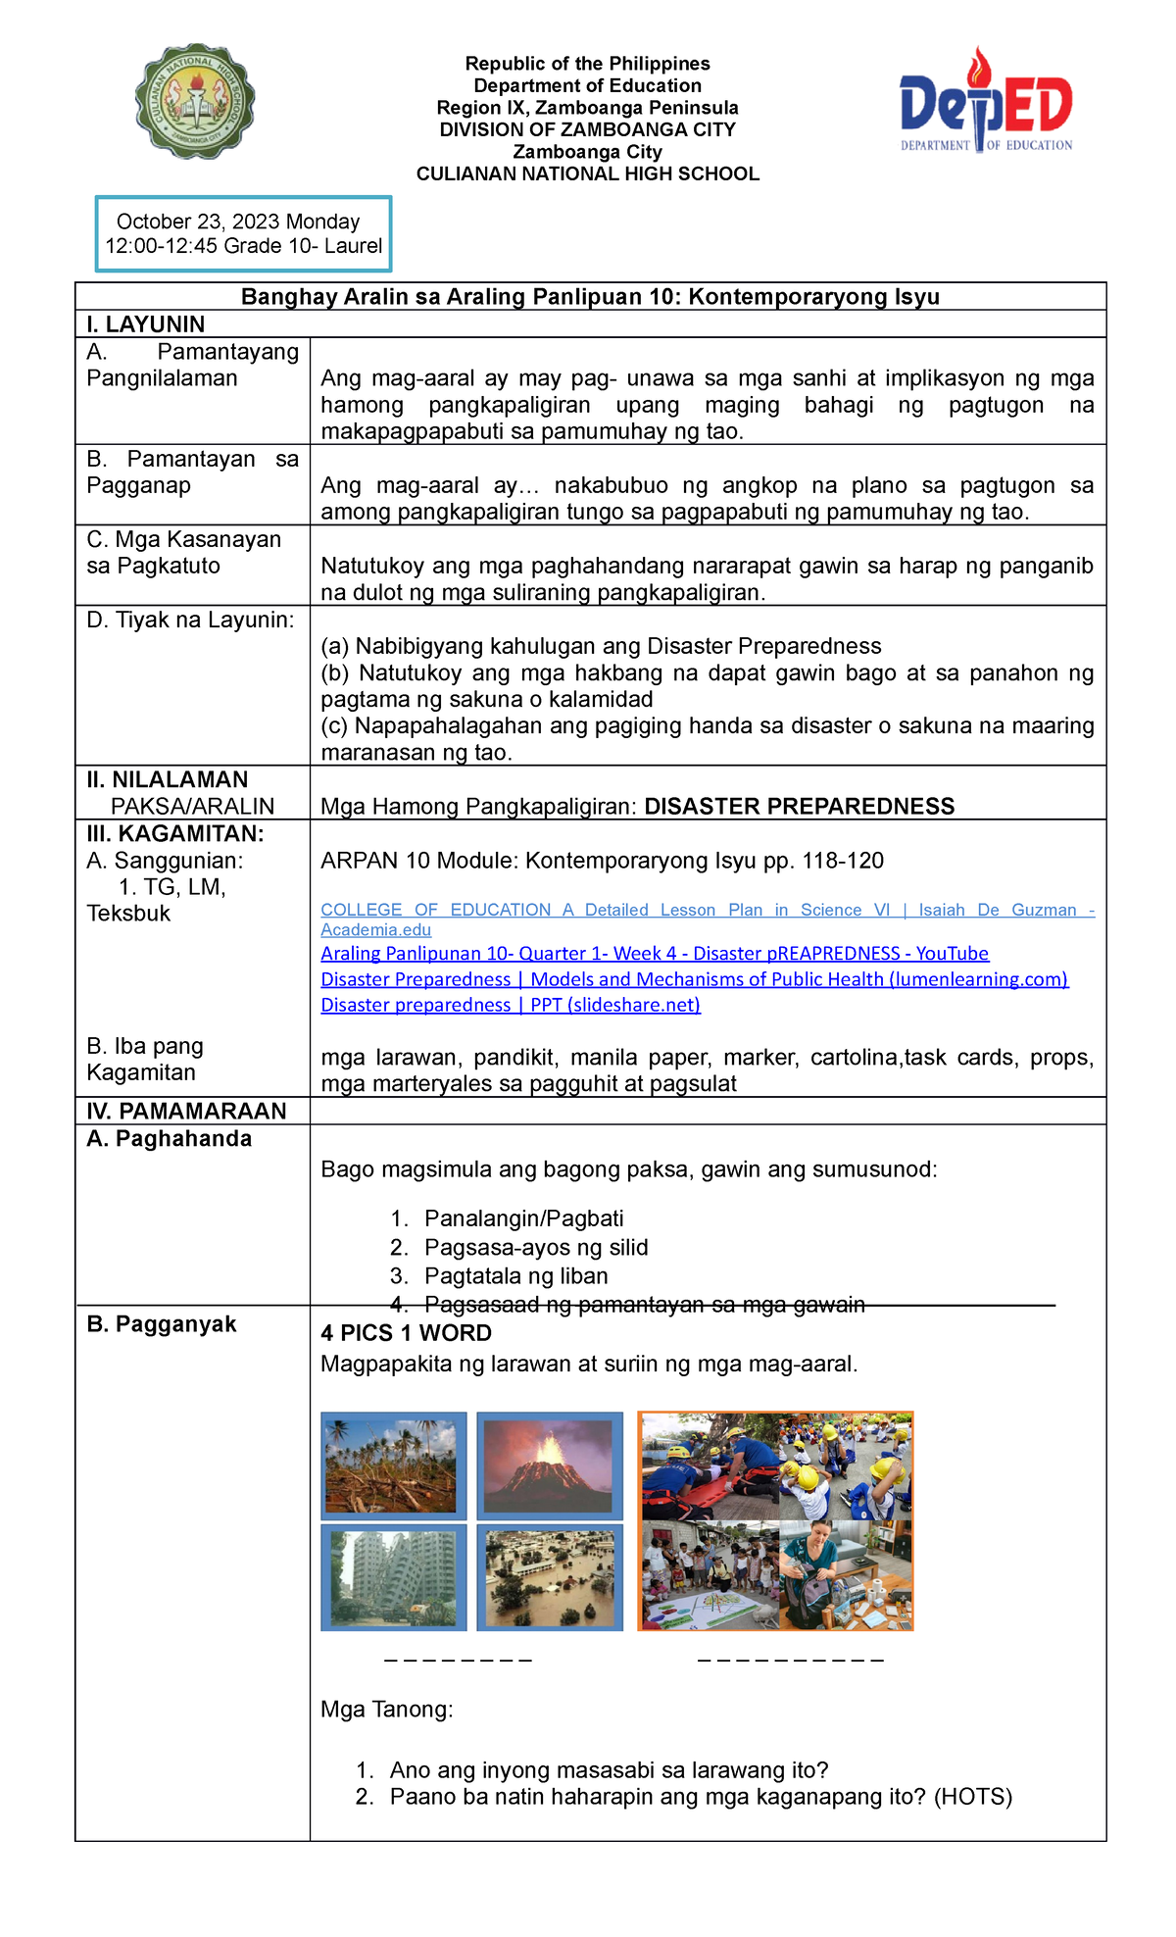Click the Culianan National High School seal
point(195,101)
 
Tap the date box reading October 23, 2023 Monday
point(243,233)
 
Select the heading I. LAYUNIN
point(146,324)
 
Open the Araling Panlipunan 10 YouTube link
point(655,953)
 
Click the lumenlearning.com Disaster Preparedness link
point(694,978)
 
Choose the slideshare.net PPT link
point(511,1004)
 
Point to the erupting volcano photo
point(550,1465)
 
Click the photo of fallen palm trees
point(393,1465)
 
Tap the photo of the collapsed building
point(393,1576)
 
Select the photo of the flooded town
point(550,1576)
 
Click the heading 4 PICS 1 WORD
point(406,1333)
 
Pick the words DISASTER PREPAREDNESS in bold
point(799,807)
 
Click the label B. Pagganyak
point(162,1324)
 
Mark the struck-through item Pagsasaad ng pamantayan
point(644,1305)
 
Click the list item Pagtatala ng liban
point(515,1276)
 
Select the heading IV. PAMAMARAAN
point(186,1111)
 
